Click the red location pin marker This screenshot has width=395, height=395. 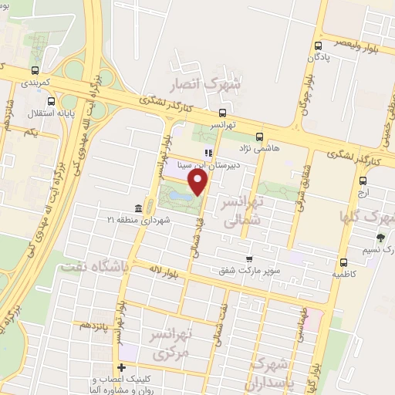tap(199, 182)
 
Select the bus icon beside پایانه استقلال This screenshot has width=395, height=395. tap(51, 101)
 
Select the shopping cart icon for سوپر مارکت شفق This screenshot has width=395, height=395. tap(248, 260)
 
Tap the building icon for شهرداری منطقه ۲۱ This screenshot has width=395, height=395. tap(138, 208)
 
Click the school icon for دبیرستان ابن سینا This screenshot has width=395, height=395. tap(206, 153)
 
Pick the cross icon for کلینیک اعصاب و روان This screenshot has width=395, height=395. tap(120, 367)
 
